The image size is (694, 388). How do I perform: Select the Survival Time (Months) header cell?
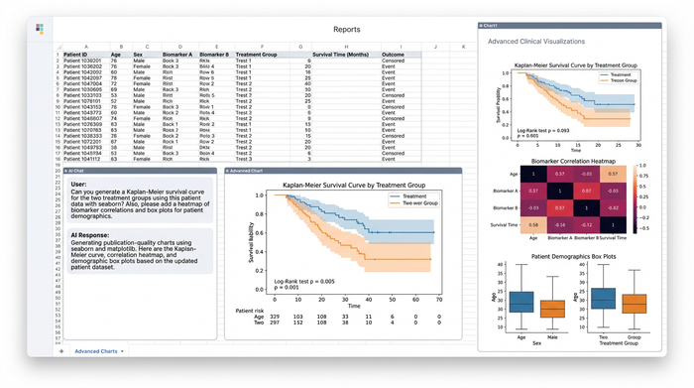pos(339,54)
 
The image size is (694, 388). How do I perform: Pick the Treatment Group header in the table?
pos(256,54)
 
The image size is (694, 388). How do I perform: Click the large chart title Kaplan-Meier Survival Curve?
pos(340,185)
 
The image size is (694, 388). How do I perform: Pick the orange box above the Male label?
pos(552,308)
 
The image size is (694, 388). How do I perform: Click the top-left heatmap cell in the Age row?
pos(532,173)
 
